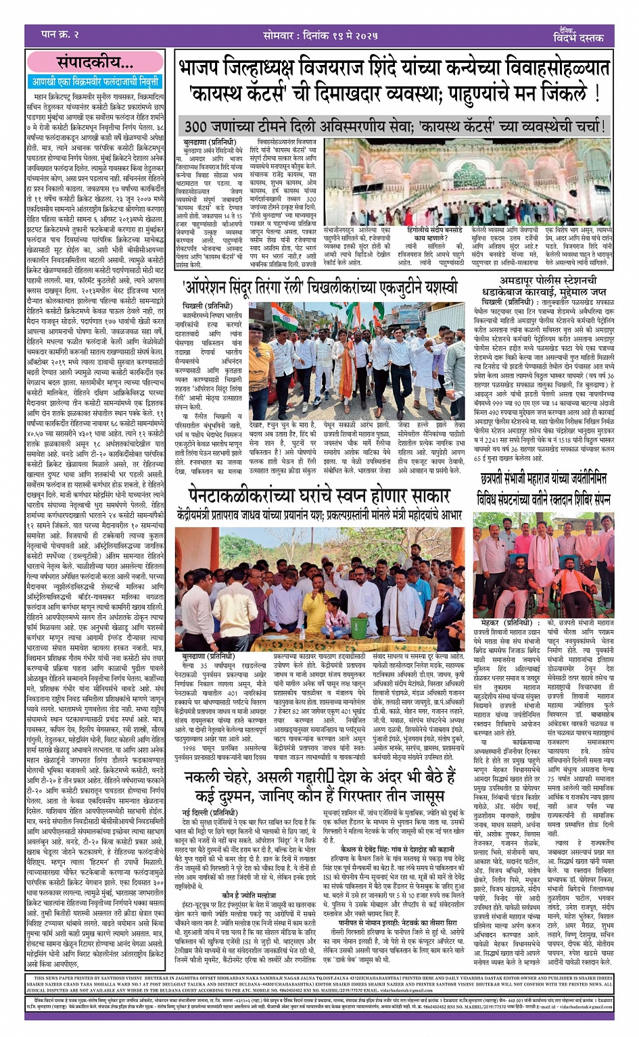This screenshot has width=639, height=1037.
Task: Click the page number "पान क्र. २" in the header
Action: coord(60,34)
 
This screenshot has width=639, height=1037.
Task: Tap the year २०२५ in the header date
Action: coord(380,34)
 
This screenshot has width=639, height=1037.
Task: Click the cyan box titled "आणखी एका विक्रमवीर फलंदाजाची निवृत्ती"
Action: coord(95,81)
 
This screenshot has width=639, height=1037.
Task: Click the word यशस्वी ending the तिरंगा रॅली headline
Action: coord(433,287)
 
